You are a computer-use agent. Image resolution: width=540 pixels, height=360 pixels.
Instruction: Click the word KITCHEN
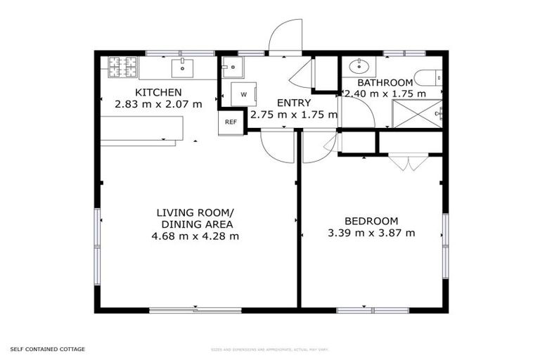[x=158, y=92]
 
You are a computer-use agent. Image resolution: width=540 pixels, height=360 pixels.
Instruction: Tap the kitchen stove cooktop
[x=122, y=67]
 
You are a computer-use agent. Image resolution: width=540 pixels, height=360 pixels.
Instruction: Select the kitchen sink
[x=182, y=67]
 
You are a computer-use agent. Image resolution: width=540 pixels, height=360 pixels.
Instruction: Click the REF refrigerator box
[x=231, y=122]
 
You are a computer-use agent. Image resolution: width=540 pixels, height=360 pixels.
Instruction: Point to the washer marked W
[x=243, y=94]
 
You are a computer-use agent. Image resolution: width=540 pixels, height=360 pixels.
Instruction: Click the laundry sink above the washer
[x=231, y=67]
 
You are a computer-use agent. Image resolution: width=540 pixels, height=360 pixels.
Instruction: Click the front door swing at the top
[x=285, y=39]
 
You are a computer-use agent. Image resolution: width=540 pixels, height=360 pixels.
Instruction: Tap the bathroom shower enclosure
[x=418, y=113]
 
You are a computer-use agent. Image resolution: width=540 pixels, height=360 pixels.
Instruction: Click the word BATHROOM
[x=385, y=82]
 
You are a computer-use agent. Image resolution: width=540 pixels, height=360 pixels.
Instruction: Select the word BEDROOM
[x=371, y=220]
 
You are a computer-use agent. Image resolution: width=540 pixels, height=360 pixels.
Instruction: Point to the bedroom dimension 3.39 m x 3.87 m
[x=371, y=233]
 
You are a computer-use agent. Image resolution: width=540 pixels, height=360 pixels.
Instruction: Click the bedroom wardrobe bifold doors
[x=407, y=162]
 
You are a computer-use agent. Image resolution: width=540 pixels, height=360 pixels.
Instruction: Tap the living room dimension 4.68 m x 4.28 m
[x=195, y=236]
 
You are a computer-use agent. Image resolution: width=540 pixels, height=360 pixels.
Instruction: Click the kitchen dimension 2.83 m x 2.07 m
[x=158, y=104]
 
